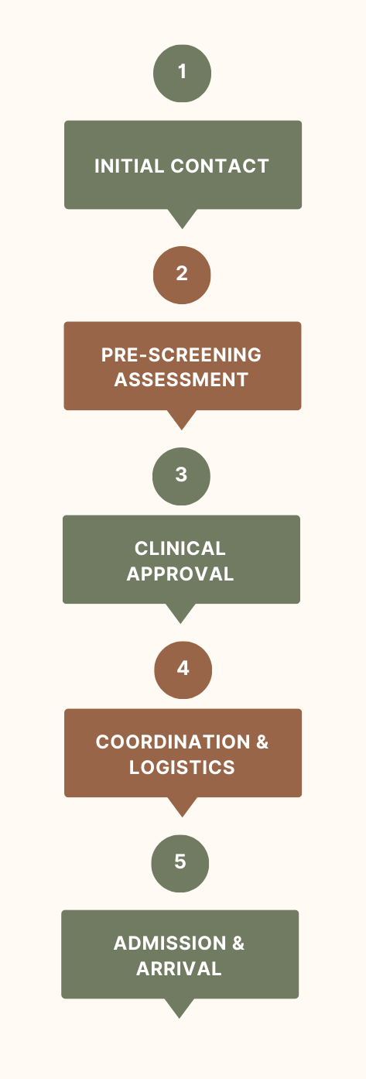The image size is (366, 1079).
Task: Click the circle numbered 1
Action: (182, 74)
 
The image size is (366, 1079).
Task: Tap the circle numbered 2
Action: (182, 275)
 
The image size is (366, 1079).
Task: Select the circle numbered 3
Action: (181, 476)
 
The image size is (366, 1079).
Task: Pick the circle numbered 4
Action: (183, 670)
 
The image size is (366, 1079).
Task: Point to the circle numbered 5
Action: (180, 864)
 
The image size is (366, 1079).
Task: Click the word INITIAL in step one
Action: (129, 166)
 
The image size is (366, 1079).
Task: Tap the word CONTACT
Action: (220, 166)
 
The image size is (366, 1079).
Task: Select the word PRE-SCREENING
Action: (181, 355)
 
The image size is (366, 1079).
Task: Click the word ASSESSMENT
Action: (181, 380)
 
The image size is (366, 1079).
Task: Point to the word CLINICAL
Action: (180, 549)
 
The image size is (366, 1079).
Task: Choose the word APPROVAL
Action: (180, 574)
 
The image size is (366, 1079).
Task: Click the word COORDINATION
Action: (173, 742)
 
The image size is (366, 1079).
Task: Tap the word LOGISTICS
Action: (182, 767)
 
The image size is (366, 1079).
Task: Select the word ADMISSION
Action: (170, 944)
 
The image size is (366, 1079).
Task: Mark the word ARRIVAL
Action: (180, 968)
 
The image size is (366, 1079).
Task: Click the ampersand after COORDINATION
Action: (262, 742)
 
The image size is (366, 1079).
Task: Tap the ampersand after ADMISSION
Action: (238, 944)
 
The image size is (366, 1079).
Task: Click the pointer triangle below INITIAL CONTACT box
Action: (182, 218)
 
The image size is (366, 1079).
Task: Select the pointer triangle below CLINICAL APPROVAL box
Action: (180, 611)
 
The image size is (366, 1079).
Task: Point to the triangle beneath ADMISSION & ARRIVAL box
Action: (180, 1007)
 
